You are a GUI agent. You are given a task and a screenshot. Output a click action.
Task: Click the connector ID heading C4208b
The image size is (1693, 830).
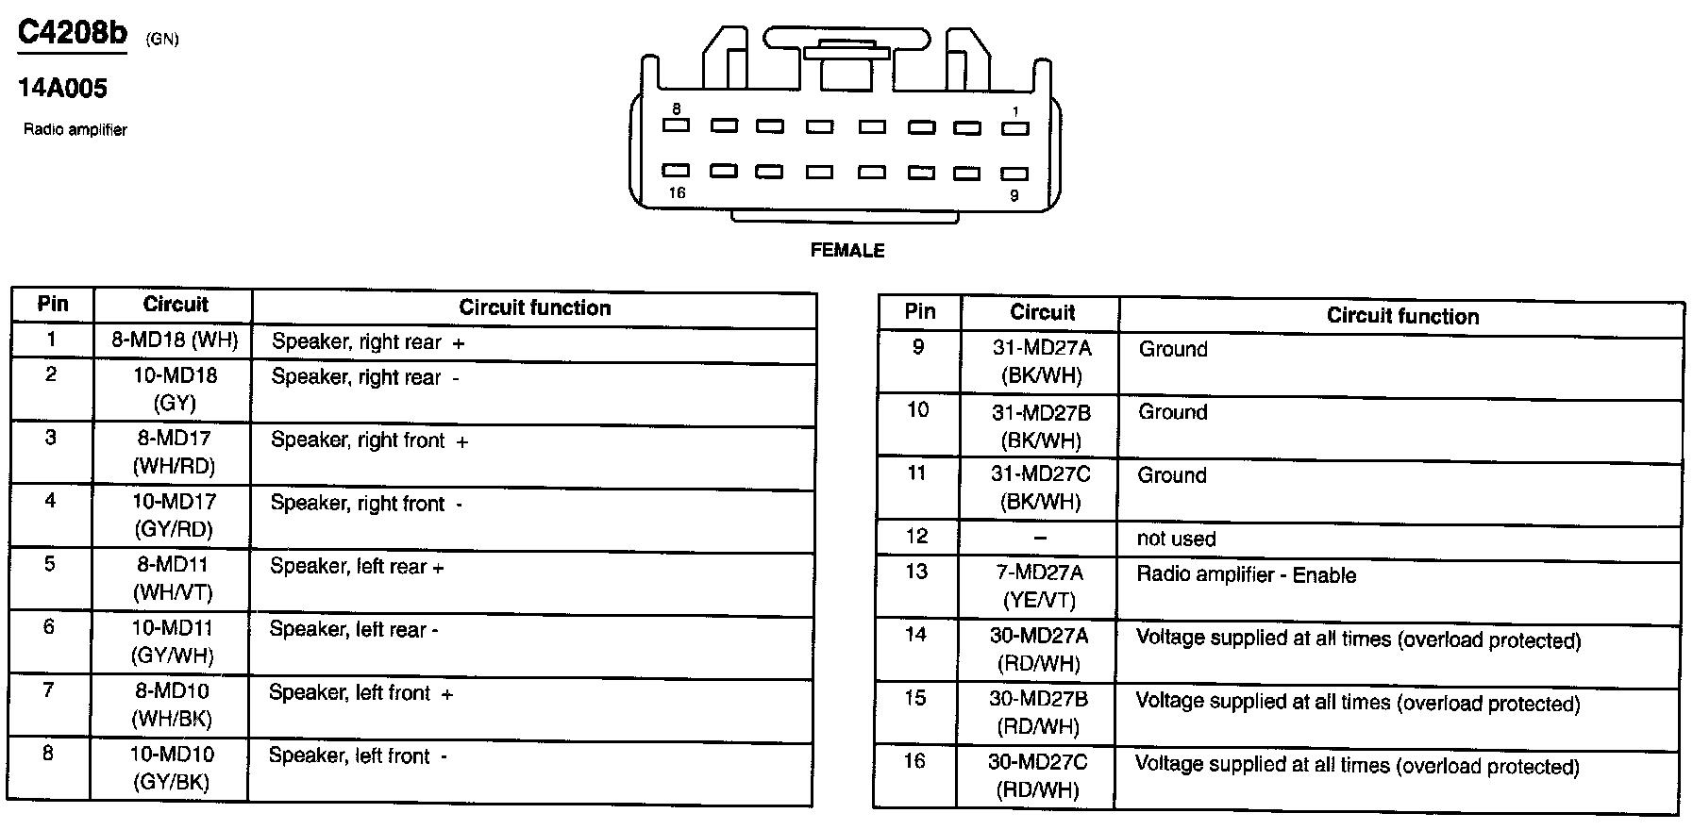point(73,34)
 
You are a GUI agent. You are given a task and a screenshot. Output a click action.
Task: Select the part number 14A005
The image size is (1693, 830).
point(62,89)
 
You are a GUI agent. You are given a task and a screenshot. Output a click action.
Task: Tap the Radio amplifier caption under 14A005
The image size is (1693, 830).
point(75,130)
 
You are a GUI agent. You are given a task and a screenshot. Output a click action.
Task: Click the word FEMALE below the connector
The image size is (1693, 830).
point(847,251)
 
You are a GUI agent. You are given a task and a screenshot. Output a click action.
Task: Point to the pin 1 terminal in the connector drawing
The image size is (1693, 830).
point(1014,128)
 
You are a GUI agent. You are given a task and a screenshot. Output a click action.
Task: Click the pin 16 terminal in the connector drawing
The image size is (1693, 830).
point(676,171)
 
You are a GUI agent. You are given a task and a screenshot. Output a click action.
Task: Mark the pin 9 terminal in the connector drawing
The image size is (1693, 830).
point(1014,174)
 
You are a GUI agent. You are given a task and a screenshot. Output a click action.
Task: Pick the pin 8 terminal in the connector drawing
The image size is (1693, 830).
point(676,125)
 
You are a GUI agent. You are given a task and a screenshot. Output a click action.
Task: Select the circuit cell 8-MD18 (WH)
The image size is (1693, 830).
point(175,340)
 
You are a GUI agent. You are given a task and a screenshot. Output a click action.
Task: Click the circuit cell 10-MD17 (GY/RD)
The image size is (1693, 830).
point(174,515)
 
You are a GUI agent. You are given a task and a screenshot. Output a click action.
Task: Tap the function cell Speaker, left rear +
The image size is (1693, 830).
point(357,568)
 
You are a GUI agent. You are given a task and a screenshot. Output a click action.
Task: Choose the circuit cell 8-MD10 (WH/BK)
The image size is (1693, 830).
point(172,705)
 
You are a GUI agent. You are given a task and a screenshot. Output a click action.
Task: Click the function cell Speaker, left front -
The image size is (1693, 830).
point(358,756)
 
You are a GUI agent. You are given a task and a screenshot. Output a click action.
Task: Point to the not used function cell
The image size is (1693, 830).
point(1176,539)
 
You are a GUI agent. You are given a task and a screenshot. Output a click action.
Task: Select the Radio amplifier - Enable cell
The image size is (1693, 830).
point(1246,575)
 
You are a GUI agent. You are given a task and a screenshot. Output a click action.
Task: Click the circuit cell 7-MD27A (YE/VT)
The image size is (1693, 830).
point(1038,586)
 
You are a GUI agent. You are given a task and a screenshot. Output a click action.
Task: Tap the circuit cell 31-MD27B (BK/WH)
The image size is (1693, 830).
point(1041,426)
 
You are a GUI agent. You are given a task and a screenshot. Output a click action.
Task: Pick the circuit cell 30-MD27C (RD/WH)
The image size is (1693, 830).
point(1037,776)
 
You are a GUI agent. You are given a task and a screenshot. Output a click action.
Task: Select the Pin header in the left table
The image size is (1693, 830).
point(53,305)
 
